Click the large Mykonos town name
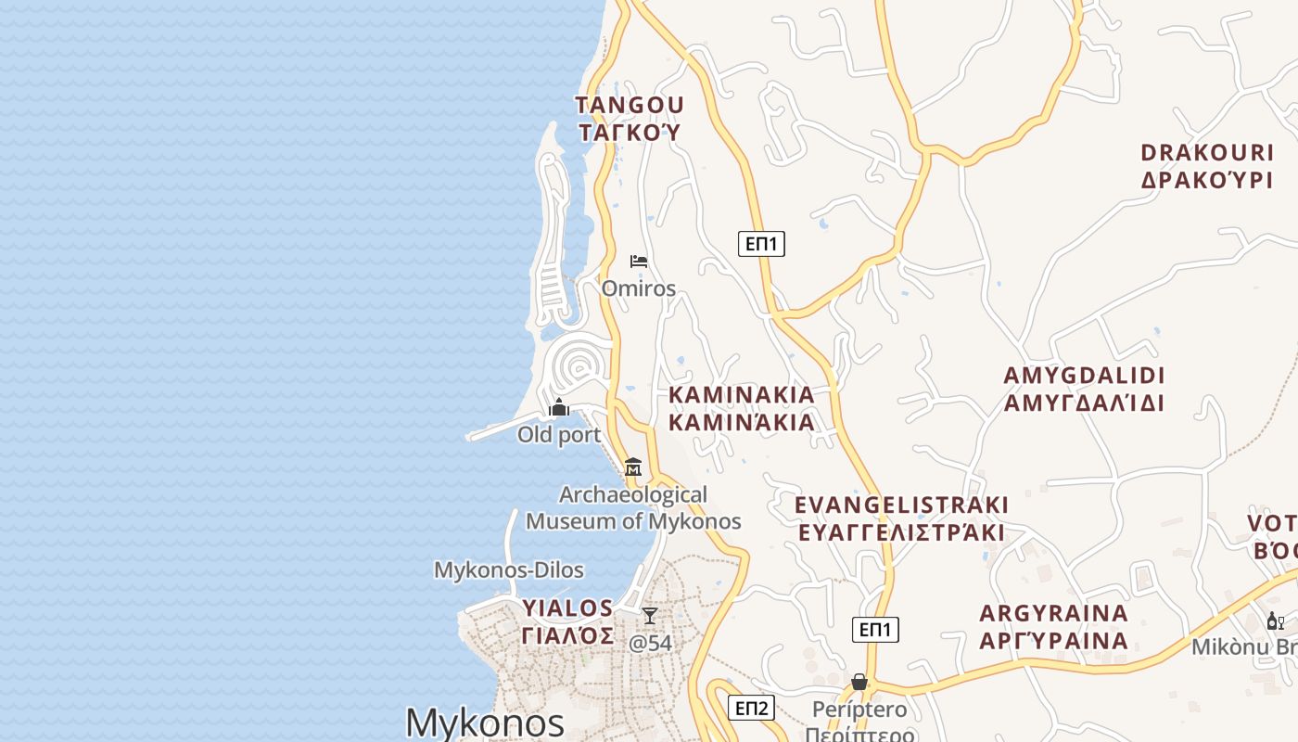(x=485, y=723)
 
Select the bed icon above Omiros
(x=639, y=262)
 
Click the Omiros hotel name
(x=639, y=288)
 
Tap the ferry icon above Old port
(x=559, y=408)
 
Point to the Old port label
(x=559, y=435)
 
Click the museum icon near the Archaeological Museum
(x=633, y=467)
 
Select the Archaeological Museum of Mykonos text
(x=633, y=507)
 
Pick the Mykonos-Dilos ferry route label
(x=509, y=569)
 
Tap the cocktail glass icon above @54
(x=650, y=616)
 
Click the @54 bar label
(x=651, y=643)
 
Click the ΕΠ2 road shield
(x=750, y=709)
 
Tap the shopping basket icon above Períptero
(x=859, y=683)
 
